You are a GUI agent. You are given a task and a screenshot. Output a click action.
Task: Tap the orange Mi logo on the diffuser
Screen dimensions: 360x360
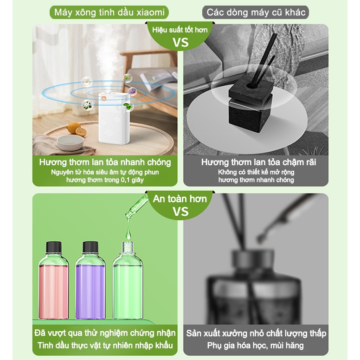[x=104, y=98]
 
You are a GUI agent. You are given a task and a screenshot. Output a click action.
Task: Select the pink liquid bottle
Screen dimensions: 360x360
[x=54, y=280]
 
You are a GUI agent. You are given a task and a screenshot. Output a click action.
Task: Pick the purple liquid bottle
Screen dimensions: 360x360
[x=90, y=280]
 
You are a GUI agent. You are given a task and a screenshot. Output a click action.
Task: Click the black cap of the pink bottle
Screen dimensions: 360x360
[x=54, y=247]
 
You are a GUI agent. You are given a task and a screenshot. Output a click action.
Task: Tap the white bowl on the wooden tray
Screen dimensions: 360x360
[x=70, y=142]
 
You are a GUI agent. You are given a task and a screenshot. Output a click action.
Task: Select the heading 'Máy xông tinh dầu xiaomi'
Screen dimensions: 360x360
[x=109, y=12]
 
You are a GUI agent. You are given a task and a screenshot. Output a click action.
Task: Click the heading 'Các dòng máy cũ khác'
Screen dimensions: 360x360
[x=256, y=12]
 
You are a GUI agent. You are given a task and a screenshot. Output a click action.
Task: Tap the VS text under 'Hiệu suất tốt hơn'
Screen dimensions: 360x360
[x=180, y=43]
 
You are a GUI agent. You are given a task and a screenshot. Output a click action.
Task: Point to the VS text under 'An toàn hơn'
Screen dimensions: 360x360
[x=180, y=212]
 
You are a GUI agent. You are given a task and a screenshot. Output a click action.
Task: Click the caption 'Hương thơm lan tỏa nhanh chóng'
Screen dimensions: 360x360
[x=105, y=162]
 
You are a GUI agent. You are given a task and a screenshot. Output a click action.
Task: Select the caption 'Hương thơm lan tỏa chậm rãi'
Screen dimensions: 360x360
[x=258, y=162]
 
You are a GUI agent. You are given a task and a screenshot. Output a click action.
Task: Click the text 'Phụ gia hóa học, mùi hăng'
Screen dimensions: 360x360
[x=255, y=346]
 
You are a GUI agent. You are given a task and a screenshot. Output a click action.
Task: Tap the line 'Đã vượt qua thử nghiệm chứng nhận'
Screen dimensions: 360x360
[x=105, y=333]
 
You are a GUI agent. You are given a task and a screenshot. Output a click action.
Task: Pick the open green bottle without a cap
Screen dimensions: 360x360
[x=128, y=280]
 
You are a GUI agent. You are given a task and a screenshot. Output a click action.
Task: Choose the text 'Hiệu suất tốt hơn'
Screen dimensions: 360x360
[x=180, y=30]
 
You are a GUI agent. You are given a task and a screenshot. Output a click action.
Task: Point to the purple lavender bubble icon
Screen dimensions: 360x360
[x=132, y=92]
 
